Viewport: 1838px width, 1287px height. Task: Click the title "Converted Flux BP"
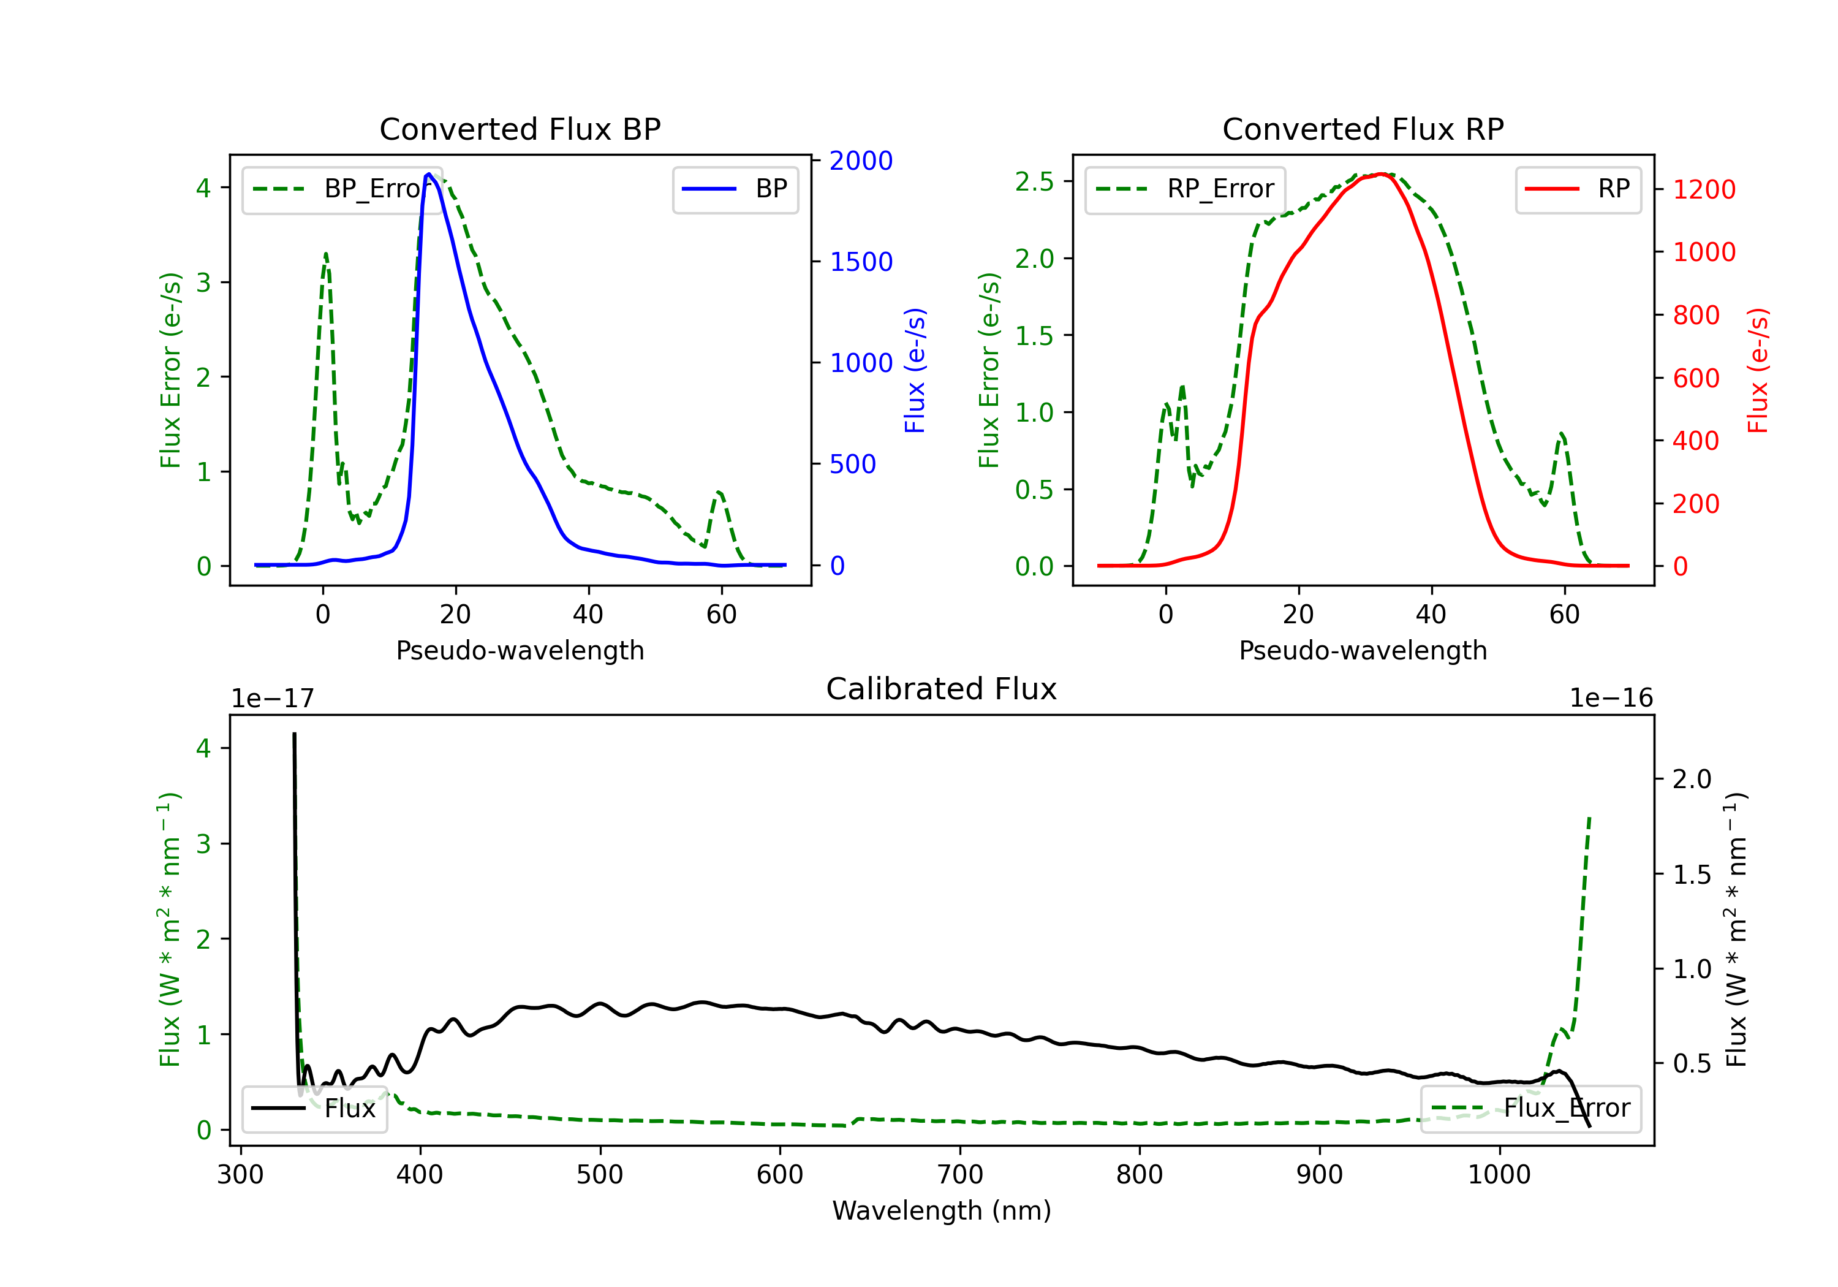pyautogui.click(x=520, y=129)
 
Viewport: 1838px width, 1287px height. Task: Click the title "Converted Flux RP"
pyautogui.click(x=1363, y=129)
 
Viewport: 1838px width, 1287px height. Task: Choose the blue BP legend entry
pyautogui.click(x=735, y=189)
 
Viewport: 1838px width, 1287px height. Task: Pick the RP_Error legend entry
pyautogui.click(x=1185, y=189)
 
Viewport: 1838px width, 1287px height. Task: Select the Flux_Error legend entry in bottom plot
pyautogui.click(x=1530, y=1109)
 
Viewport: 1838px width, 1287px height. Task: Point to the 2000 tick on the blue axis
pyautogui.click(x=861, y=161)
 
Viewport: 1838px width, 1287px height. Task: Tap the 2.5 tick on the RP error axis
pyautogui.click(x=1034, y=182)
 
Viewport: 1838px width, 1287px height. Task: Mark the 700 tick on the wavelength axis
pyautogui.click(x=960, y=1175)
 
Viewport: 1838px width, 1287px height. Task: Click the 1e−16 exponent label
pyautogui.click(x=1611, y=699)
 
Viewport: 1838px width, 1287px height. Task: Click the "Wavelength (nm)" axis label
pyautogui.click(x=942, y=1210)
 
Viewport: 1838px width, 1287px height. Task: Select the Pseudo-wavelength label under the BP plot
pyautogui.click(x=520, y=650)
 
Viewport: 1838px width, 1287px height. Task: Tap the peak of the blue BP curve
pyautogui.click(x=429, y=174)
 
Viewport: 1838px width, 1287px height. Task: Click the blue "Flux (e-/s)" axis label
pyautogui.click(x=914, y=370)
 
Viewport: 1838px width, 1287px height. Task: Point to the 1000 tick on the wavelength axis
pyautogui.click(x=1499, y=1175)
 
